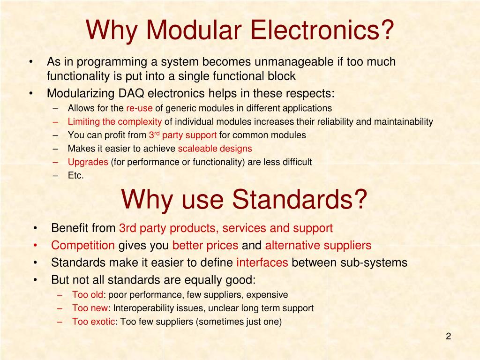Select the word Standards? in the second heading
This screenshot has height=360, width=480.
coord(300,199)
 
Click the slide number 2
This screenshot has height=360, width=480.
coord(448,336)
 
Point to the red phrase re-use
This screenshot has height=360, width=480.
coord(139,108)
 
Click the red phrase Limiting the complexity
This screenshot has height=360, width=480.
coord(115,122)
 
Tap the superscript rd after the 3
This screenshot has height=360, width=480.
coord(157,133)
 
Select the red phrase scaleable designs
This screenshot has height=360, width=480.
coord(215,149)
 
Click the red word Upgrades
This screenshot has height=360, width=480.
coord(88,162)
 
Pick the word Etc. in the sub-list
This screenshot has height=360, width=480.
coord(76,176)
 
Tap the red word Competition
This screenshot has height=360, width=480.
coord(83,245)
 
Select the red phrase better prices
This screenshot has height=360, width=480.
coord(205,245)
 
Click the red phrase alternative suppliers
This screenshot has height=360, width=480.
coord(318,245)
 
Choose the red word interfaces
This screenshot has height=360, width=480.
coord(262,262)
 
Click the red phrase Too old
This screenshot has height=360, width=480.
coord(87,295)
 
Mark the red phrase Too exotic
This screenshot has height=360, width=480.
coord(93,322)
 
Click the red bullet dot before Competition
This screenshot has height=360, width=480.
coord(36,245)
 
